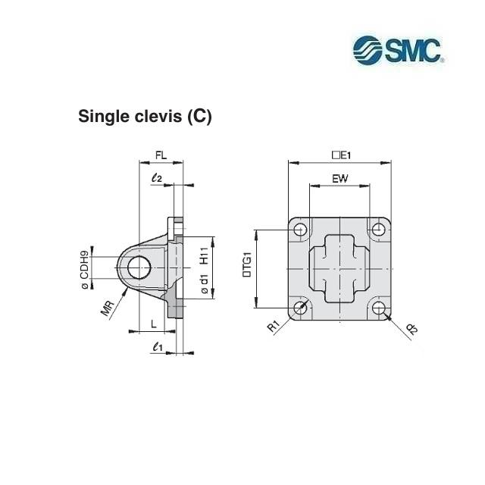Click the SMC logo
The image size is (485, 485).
[399, 50]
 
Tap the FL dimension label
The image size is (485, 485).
[161, 155]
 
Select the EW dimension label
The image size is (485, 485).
[340, 179]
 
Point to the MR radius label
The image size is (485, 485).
[108, 308]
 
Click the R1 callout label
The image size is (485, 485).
[274, 327]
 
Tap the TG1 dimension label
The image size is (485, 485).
[248, 264]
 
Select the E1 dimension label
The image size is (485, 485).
[341, 155]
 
